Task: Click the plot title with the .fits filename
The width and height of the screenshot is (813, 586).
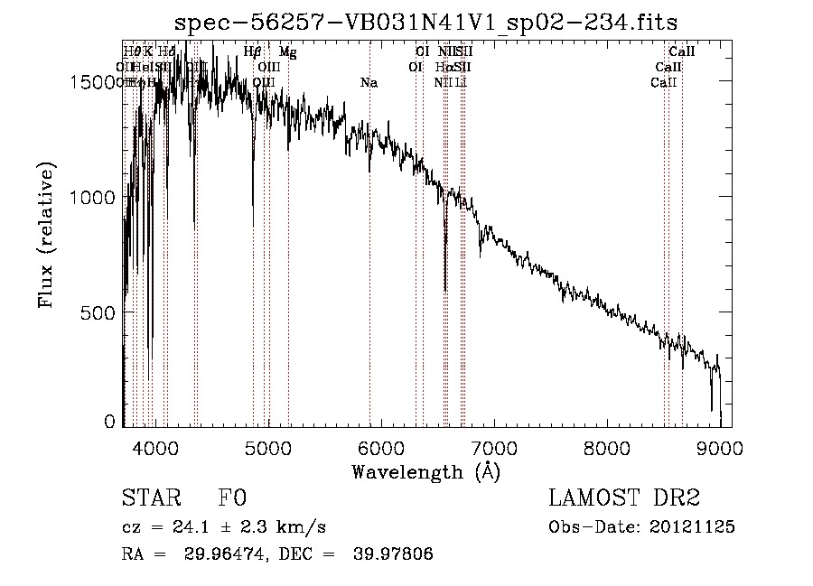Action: click(425, 22)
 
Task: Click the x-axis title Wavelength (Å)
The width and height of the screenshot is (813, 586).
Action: click(425, 470)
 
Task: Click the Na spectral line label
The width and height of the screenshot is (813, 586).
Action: click(369, 83)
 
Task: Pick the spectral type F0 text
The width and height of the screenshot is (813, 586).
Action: click(232, 499)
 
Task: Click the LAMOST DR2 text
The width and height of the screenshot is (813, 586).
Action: click(623, 498)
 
